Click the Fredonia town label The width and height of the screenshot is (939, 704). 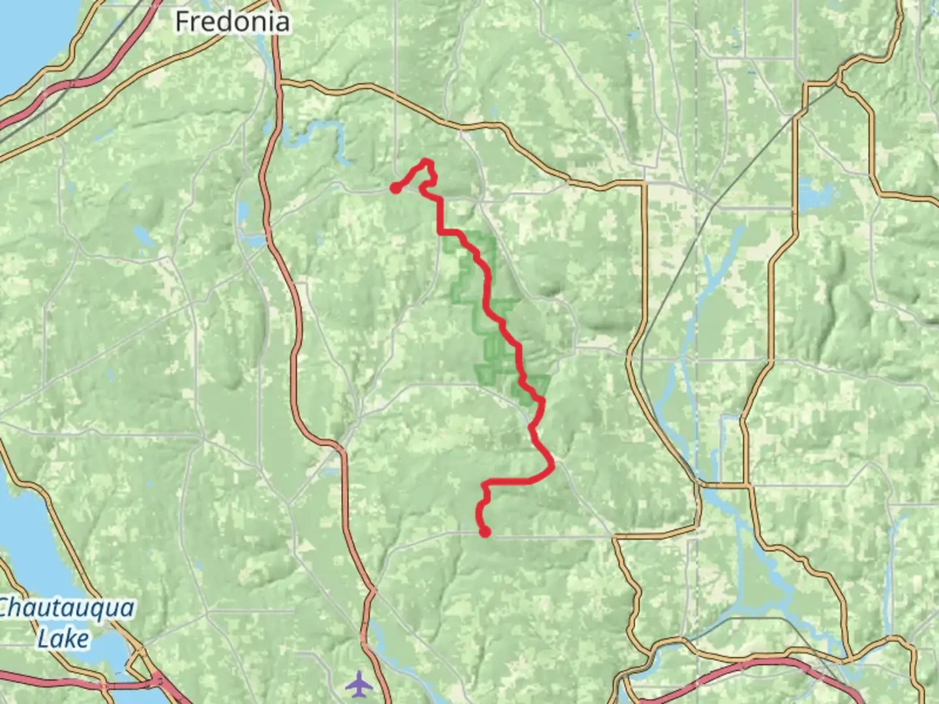pos(232,22)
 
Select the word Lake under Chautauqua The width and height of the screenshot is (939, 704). pos(63,638)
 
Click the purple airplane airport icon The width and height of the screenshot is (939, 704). pos(359,684)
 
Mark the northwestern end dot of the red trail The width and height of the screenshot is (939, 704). pos(395,188)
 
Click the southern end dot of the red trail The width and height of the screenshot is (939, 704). pos(485,533)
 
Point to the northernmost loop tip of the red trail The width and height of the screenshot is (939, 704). pos(427,161)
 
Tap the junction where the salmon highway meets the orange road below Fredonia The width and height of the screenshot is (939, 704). pos(278,82)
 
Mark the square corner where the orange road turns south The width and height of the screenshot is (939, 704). pos(644,185)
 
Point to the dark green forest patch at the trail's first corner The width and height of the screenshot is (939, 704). pos(456,244)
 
